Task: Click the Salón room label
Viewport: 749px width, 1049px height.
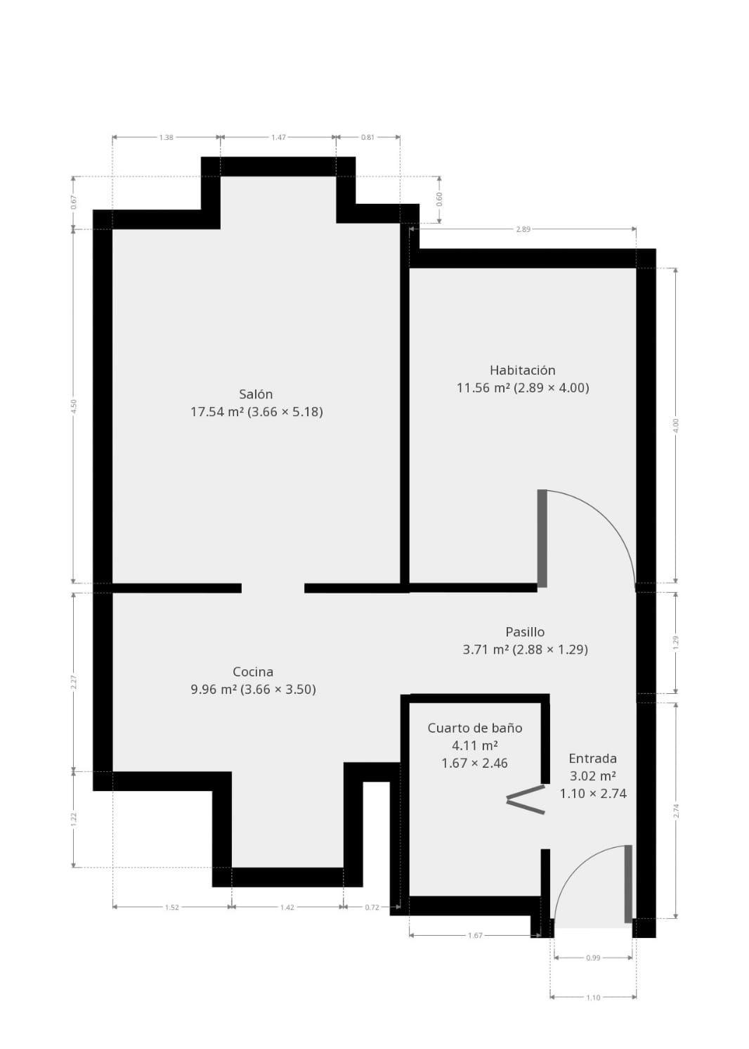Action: coord(256,394)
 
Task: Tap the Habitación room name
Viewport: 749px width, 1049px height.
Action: coord(522,371)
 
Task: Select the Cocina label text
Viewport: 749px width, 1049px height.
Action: coord(253,672)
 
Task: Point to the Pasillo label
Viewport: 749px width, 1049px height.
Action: coord(525,632)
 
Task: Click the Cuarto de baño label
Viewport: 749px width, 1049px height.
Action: coord(475,728)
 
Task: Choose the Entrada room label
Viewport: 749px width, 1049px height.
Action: coord(592,759)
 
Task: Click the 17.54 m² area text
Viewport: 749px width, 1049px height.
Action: coord(217,412)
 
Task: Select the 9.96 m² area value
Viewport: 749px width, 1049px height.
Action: coord(214,690)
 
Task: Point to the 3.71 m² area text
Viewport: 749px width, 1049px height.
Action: coord(486,650)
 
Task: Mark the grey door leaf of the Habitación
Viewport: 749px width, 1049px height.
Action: coord(542,538)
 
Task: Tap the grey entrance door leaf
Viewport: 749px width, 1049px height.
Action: coord(628,883)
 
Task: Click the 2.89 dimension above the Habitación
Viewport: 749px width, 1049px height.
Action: coord(523,229)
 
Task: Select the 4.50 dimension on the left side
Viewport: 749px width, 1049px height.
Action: coord(74,406)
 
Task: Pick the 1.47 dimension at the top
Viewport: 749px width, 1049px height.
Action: coord(279,138)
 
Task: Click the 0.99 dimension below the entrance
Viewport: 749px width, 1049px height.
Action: coord(593,958)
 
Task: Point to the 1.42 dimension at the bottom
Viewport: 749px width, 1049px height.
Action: coord(287,907)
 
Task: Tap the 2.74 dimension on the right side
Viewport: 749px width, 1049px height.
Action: coord(676,810)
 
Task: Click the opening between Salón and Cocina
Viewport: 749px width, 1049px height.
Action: coord(273,588)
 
